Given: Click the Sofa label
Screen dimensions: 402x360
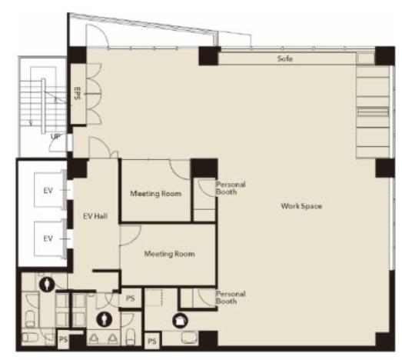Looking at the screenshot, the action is [285, 58].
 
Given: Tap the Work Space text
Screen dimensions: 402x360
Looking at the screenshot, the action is [301, 206].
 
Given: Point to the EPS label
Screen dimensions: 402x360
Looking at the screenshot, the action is [77, 93].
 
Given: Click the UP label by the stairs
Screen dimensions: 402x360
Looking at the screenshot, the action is [56, 136].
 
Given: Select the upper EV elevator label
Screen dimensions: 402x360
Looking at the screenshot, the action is [48, 191].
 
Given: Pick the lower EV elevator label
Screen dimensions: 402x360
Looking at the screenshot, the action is [48, 238].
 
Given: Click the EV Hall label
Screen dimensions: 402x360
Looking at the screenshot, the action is [95, 216].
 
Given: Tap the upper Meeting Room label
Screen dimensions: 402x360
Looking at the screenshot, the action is [155, 194].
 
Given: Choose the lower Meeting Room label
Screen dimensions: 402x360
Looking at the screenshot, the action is [169, 254].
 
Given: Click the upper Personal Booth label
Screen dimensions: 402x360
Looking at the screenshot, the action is [231, 188].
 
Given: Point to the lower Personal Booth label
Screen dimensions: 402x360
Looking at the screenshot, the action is [231, 298].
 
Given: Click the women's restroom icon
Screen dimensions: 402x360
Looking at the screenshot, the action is [47, 285].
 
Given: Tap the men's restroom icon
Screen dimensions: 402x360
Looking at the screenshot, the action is [104, 319].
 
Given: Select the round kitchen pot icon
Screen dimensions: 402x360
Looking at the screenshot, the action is [180, 321].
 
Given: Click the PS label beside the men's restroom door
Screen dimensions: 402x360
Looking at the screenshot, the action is [130, 298].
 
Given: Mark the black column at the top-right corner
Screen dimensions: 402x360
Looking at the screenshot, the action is [385, 55].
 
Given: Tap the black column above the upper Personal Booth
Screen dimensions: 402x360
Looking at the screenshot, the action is [204, 168].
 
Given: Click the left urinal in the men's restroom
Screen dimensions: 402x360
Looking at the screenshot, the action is [94, 339].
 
